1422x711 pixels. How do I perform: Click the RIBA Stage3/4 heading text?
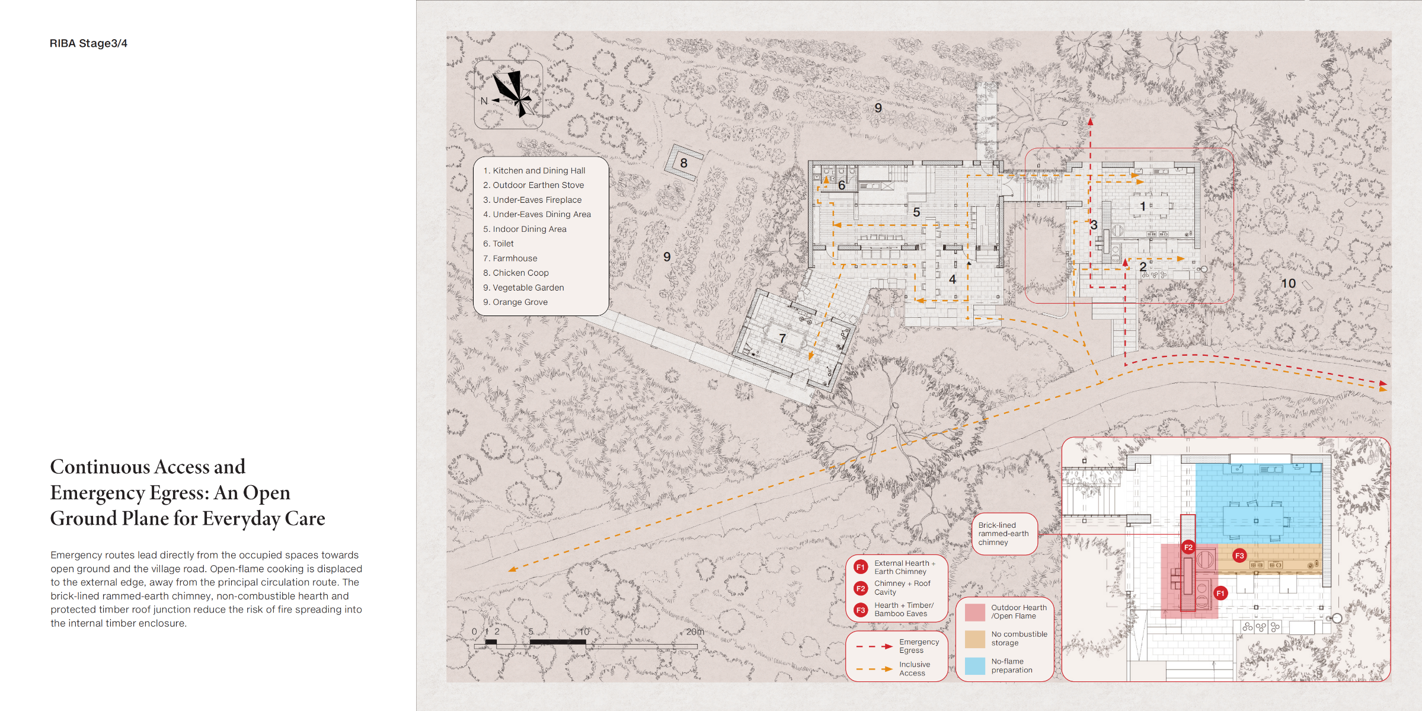[x=88, y=43]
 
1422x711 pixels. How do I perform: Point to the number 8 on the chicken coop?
[x=683, y=163]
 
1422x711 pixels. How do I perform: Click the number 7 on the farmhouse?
[x=782, y=338]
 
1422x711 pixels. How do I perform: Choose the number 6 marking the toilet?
[x=841, y=186]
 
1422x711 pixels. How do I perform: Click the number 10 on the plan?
[x=1288, y=283]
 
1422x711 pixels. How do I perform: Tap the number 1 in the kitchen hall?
[x=1143, y=206]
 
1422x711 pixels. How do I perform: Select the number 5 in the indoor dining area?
[x=916, y=212]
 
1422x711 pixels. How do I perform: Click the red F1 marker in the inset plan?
[x=1220, y=593]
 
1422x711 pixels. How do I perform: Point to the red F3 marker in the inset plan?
[x=1239, y=556]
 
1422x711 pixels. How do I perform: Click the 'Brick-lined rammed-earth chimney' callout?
[x=1004, y=534]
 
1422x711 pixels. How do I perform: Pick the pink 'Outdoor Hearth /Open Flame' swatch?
[x=974, y=612]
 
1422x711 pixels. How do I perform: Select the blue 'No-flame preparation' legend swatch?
[x=974, y=666]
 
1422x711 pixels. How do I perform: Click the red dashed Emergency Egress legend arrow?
[x=874, y=646]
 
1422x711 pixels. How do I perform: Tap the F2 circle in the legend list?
[x=861, y=588]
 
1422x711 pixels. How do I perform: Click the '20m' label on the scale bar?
[x=695, y=632]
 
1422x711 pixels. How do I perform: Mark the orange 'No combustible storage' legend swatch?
[x=974, y=639]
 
